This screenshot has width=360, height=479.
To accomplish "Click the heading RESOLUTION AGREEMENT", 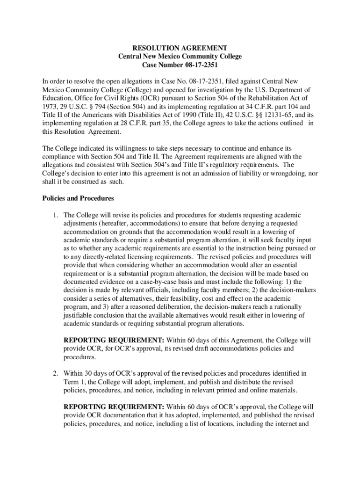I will tap(180, 48).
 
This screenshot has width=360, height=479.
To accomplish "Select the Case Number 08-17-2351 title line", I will tap(180, 65).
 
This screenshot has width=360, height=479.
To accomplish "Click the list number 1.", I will tap(54, 215).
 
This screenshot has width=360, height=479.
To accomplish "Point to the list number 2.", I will tap(54, 373).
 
